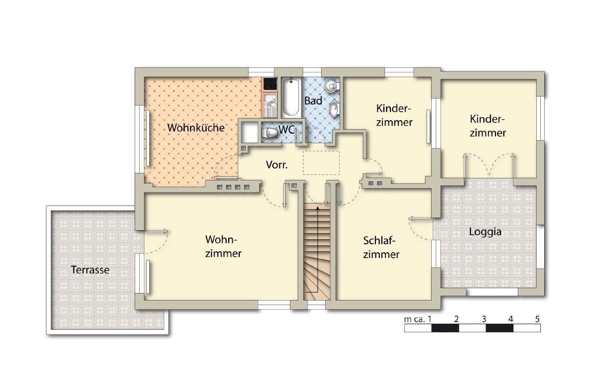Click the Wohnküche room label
pos(196,128)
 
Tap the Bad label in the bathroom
pos(313,101)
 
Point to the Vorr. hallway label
pos(276,165)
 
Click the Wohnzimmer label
pos(223,246)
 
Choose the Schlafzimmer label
pos(381,247)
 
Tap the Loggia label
pos(485,231)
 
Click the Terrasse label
pos(90,270)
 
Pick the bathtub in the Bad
pos(291,97)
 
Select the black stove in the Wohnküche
pos(270,84)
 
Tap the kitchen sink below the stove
pos(270,105)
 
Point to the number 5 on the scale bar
pos(537,319)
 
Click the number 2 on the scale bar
pos(456,319)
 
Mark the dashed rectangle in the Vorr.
pos(322,163)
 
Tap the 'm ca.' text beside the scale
pos(415,320)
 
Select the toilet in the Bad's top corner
pos(332,85)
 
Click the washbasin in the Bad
pos(334,109)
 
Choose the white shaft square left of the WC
pos(250,132)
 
